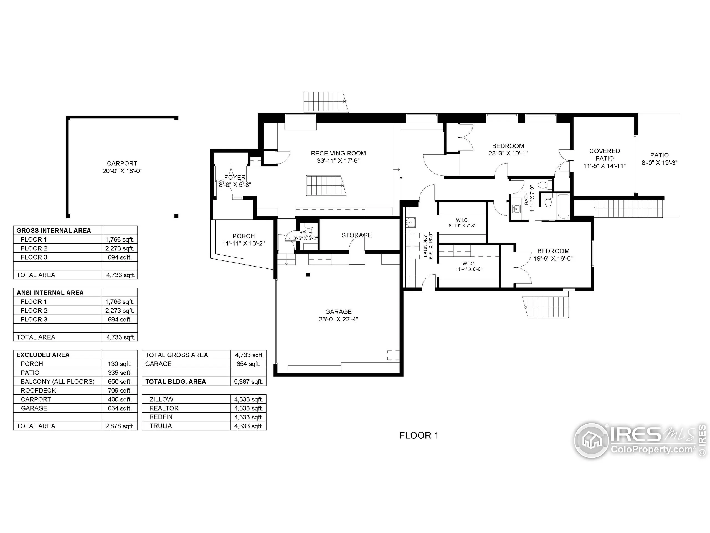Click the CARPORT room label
click(x=122, y=164)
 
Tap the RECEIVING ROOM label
click(x=338, y=153)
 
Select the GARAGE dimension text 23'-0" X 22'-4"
click(x=338, y=319)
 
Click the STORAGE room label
click(x=356, y=235)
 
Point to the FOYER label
click(x=235, y=177)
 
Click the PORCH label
click(x=243, y=236)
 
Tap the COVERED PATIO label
click(x=604, y=155)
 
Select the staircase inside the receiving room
click(x=325, y=185)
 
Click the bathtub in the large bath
click(x=563, y=206)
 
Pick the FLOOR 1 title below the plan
click(x=419, y=435)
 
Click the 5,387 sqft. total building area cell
click(x=248, y=382)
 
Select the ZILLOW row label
click(x=161, y=399)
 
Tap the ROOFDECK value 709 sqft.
click(x=120, y=391)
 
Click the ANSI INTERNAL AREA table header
click(x=50, y=293)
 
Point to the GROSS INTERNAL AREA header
click(x=54, y=230)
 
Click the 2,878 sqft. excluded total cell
click(x=120, y=426)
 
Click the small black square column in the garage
click(x=308, y=275)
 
